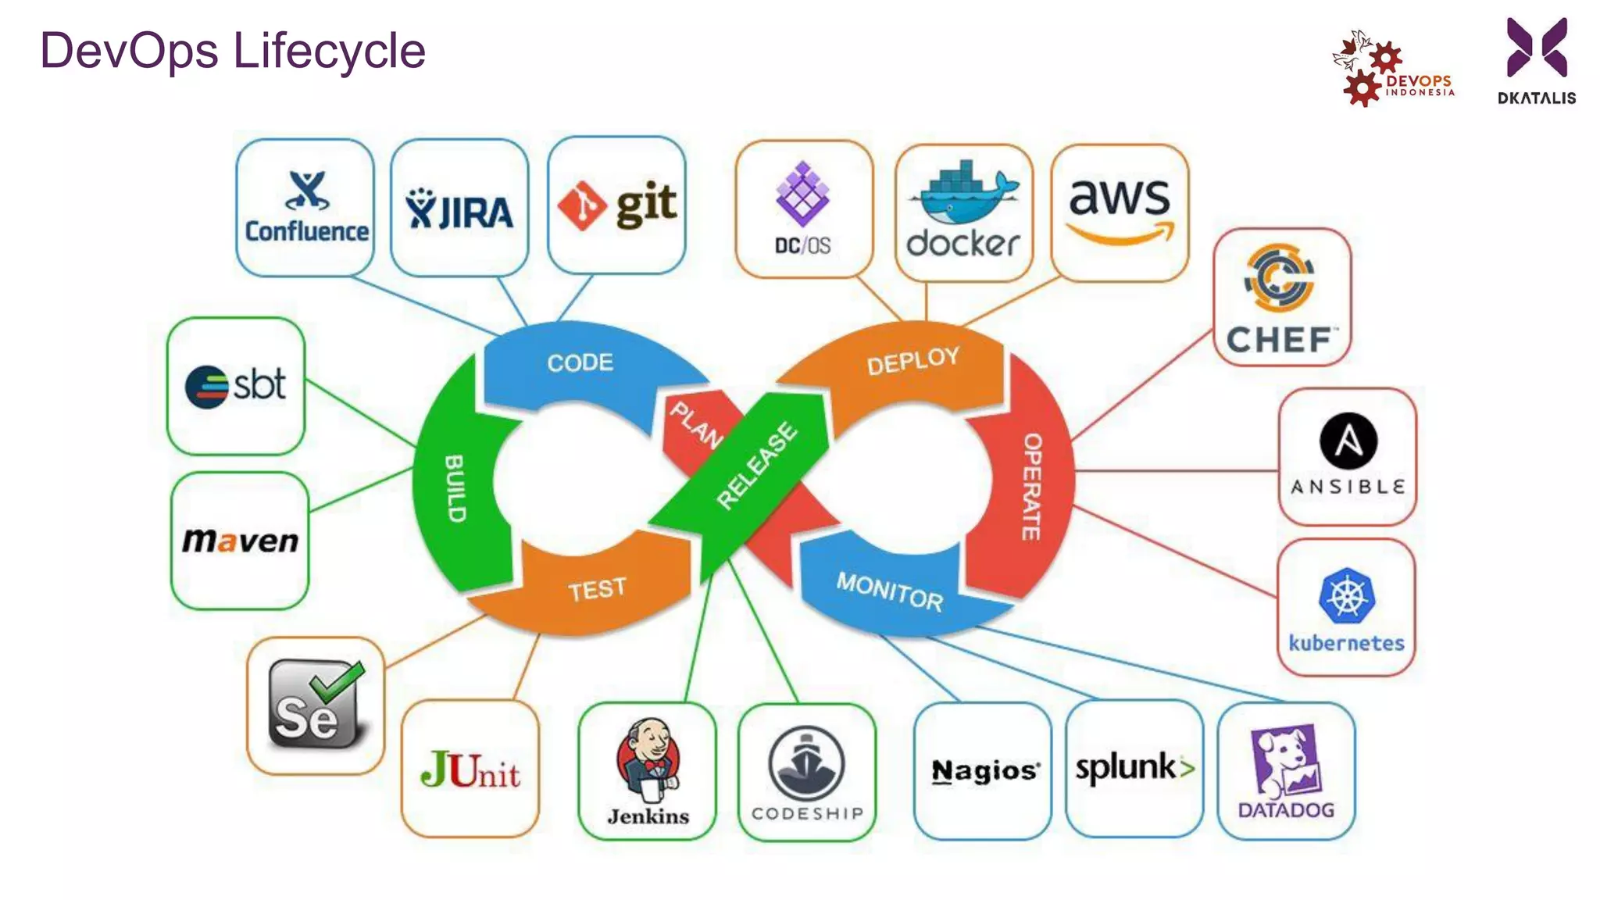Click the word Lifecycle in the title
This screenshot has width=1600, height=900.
329,52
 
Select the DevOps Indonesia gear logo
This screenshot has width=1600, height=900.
1375,70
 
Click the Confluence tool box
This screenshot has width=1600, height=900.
305,208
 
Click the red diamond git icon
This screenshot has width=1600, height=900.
581,205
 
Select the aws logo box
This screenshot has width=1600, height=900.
1120,212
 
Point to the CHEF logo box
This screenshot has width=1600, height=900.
1281,298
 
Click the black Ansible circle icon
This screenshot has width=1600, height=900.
1348,441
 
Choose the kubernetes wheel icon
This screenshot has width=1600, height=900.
1346,595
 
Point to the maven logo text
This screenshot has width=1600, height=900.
240,541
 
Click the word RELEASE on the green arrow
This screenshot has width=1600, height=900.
756,466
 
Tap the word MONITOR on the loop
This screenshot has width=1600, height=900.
889,591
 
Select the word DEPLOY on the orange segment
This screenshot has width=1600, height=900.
912,360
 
